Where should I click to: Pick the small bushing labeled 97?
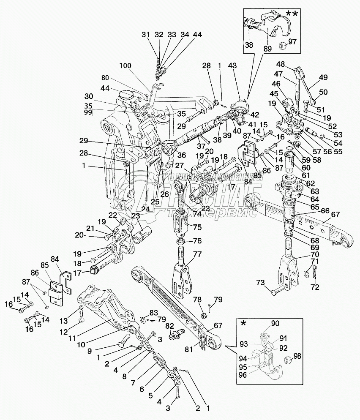[282, 44]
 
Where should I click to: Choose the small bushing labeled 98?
[287, 360]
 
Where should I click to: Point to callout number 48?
[280, 64]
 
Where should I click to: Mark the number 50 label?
[323, 92]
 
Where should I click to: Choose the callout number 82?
[169, 325]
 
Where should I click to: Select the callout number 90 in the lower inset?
[275, 324]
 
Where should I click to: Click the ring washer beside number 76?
[180, 241]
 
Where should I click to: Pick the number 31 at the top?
[145, 35]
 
